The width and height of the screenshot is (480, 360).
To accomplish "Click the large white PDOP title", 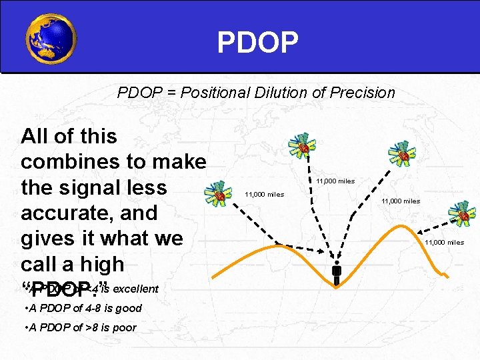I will pyautogui.click(x=257, y=42).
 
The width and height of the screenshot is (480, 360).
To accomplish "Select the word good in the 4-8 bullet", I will pyautogui.click(x=129, y=308).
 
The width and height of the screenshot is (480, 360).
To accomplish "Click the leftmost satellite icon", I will pyautogui.click(x=219, y=194).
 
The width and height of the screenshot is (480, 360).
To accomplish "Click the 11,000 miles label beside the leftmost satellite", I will pyautogui.click(x=264, y=195).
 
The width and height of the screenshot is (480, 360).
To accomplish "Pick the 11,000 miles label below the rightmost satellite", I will pyautogui.click(x=444, y=243).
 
